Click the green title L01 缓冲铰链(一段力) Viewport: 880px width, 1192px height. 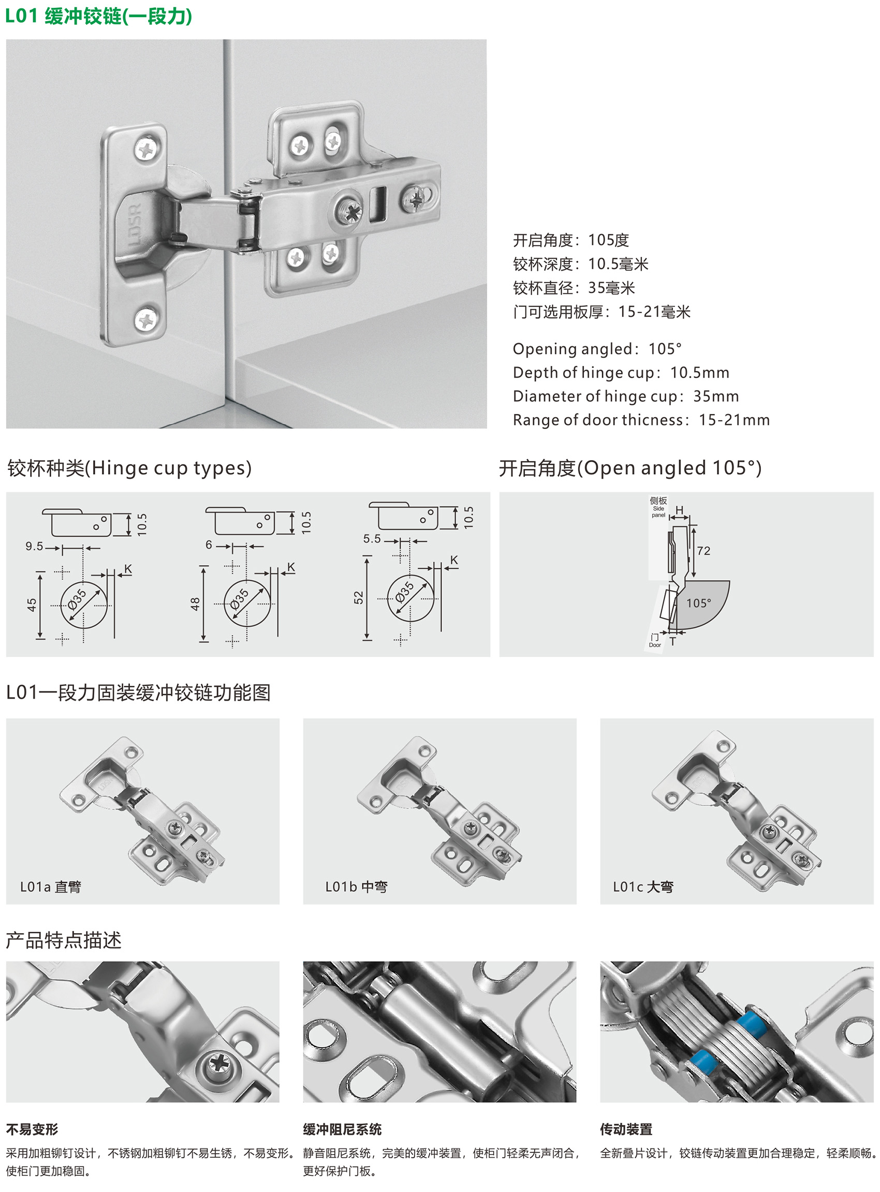tap(98, 17)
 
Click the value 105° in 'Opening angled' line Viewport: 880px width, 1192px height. tap(665, 349)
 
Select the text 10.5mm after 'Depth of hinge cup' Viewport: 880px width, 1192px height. tap(699, 373)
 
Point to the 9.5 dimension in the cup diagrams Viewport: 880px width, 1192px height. tap(34, 547)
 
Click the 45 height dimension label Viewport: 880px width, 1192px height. tap(32, 605)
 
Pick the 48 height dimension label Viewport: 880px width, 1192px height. tap(195, 604)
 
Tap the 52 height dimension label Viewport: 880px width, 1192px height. tap(359, 598)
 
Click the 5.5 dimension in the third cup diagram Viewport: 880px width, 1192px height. tap(372, 539)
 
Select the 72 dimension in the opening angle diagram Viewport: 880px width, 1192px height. tap(703, 551)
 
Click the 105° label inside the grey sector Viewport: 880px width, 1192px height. tap(698, 603)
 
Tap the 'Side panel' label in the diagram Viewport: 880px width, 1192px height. tap(658, 512)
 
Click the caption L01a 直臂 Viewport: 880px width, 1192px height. tap(51, 887)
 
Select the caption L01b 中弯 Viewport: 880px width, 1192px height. tap(356, 887)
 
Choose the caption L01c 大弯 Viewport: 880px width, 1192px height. tap(643, 887)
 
